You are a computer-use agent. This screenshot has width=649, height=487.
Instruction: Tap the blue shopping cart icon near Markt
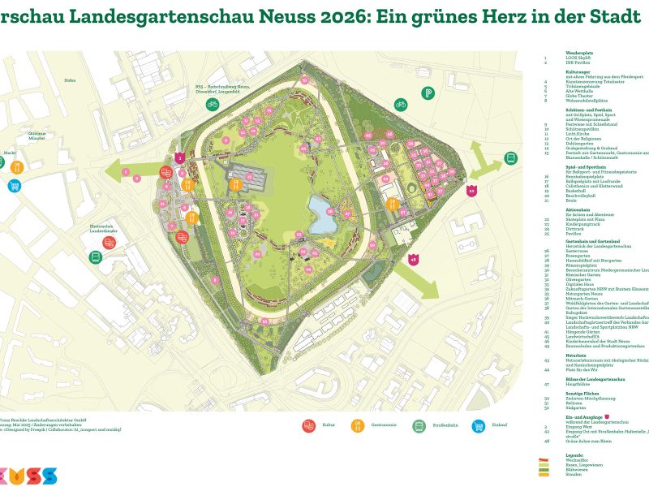coord(14,186)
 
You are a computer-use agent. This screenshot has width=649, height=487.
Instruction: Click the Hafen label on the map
coord(70,80)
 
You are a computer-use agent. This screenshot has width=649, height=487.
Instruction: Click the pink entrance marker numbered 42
coord(473,192)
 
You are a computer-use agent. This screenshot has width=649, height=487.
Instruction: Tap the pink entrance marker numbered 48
coord(413,260)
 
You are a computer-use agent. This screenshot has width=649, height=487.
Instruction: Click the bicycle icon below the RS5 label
coord(212,104)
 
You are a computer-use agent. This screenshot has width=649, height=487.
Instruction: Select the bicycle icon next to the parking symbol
coord(401,104)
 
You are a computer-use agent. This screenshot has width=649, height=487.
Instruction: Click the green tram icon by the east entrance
coord(511,157)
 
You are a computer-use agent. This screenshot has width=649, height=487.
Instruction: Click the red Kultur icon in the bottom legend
coord(308,425)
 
